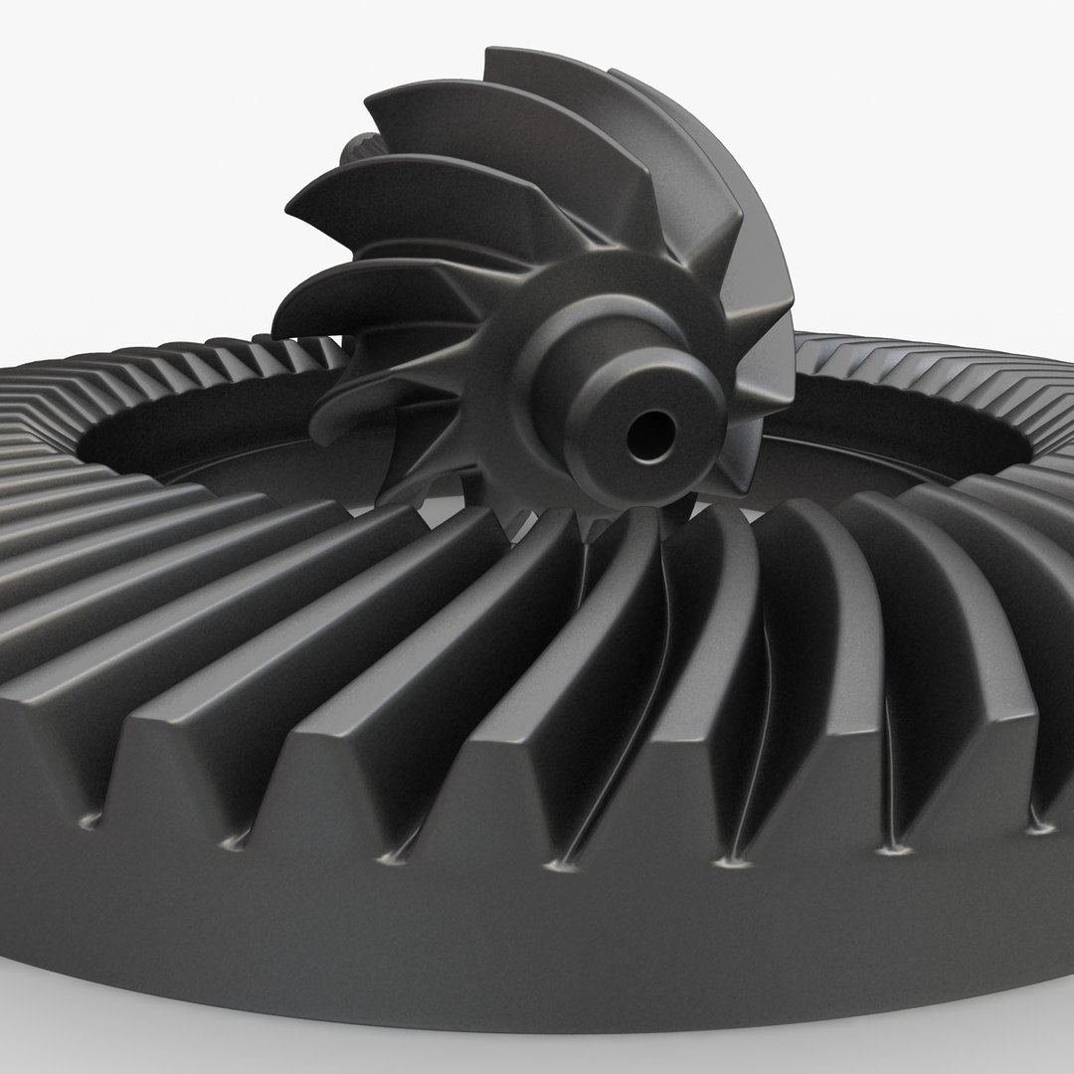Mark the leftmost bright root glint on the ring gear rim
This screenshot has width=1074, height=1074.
(92, 821)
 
